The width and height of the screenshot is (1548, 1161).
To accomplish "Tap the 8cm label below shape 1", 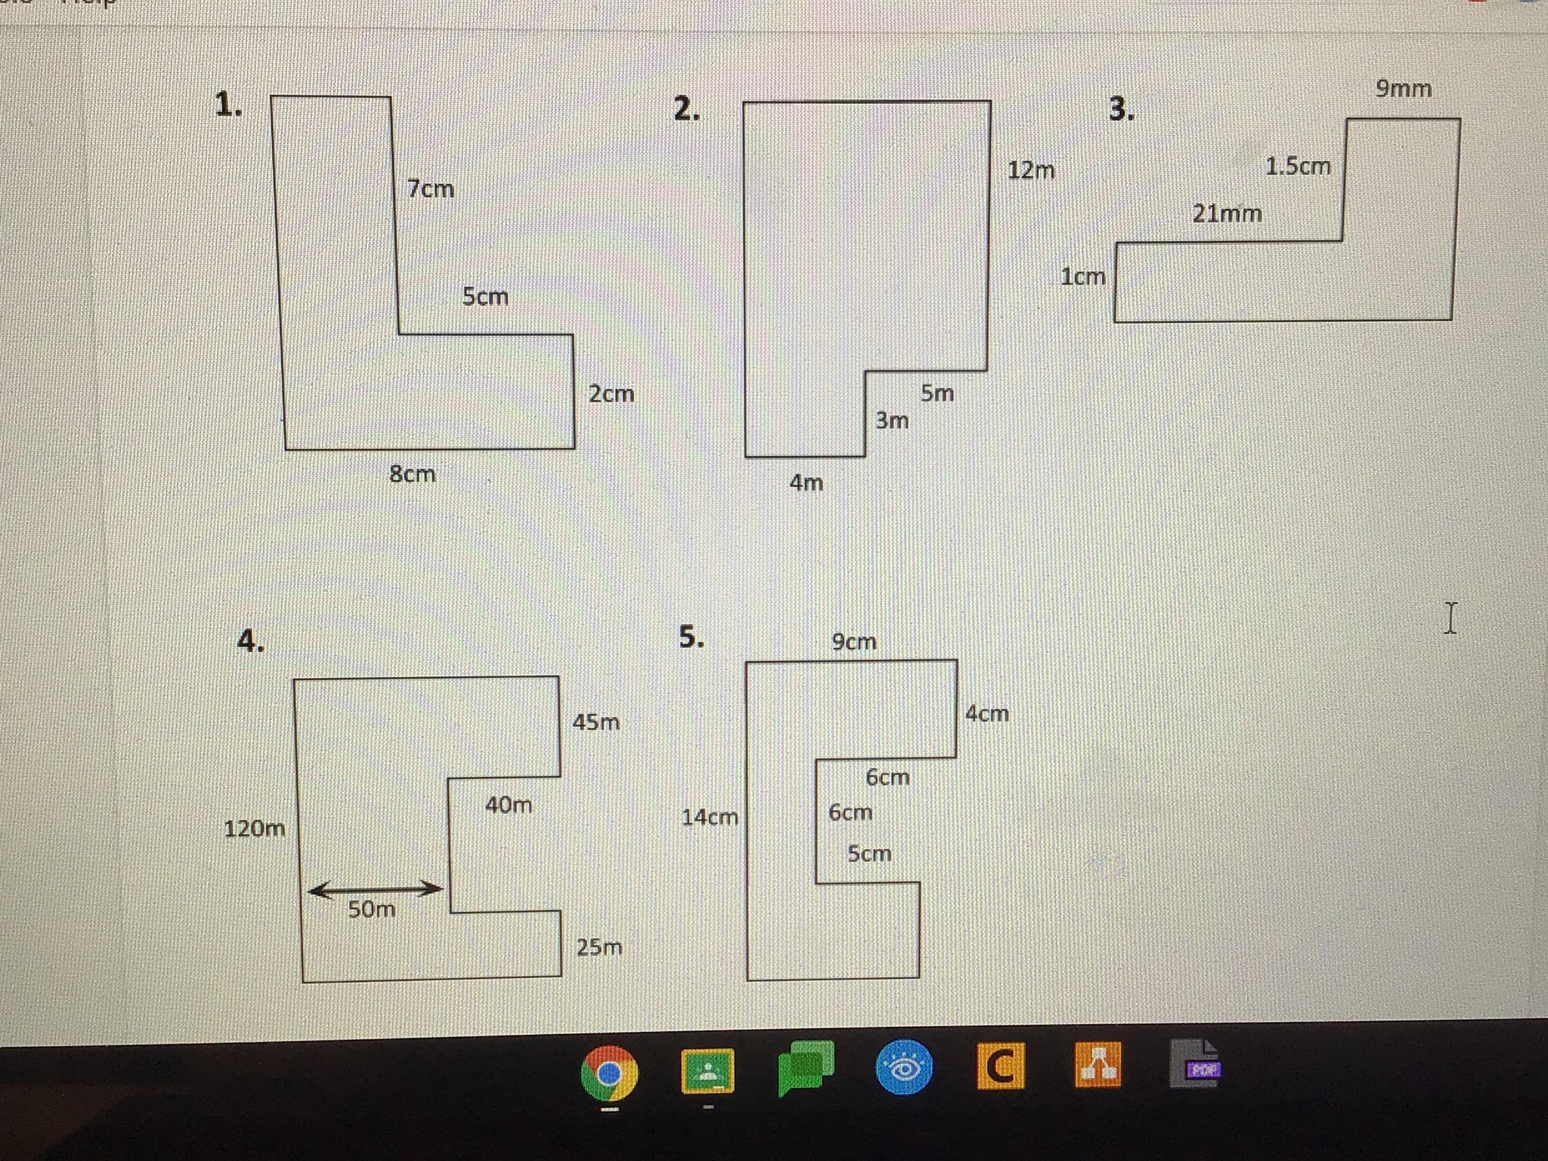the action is click(412, 474).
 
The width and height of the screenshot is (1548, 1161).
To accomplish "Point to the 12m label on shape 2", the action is click(1031, 170).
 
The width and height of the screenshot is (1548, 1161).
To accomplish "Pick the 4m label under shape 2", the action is click(806, 482).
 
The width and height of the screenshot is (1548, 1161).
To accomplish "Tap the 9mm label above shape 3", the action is click(1403, 89).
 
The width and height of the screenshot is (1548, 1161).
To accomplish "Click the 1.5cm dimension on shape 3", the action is click(1298, 166).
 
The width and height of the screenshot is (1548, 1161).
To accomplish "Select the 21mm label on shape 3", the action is click(1227, 213).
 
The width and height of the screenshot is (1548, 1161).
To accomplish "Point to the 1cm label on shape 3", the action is click(1083, 277).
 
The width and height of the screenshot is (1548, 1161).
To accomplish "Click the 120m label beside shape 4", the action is click(255, 829).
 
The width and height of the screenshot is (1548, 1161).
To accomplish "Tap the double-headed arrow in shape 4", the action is click(375, 889).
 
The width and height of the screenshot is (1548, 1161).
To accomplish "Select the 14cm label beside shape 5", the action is click(709, 817).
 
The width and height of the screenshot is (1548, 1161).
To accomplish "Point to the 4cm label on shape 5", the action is click(987, 714).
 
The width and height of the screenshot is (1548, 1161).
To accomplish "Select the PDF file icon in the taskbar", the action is click(1195, 1064).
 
